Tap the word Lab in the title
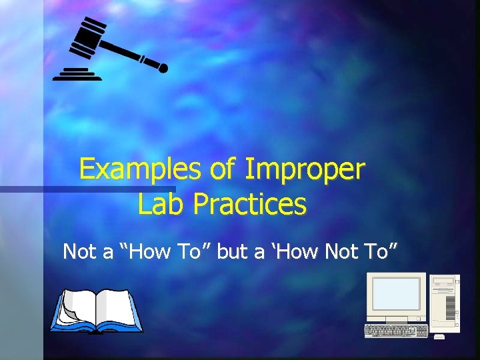[161, 204]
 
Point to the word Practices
[249, 204]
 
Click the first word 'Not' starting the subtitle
[79, 251]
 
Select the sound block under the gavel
[77, 74]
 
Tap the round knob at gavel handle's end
[163, 67]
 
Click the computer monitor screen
[396, 294]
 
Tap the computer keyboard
[396, 331]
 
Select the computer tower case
[444, 303]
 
